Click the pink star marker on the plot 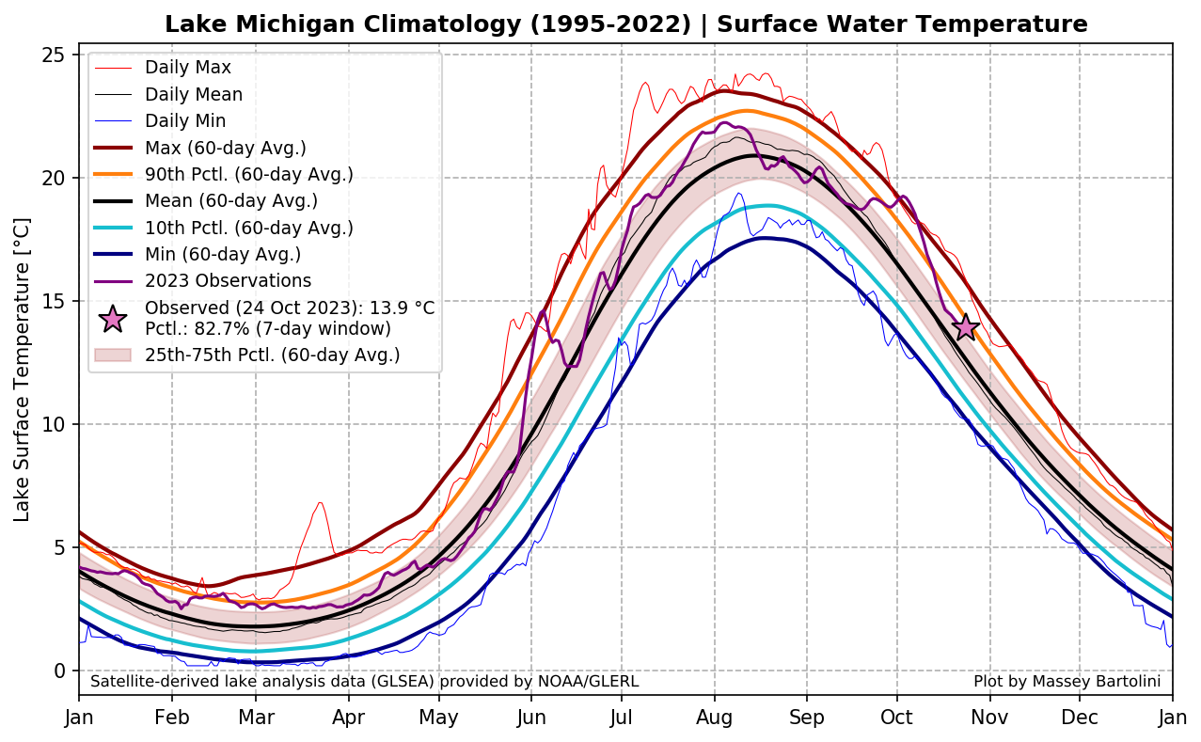click(966, 327)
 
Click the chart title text click(625, 24)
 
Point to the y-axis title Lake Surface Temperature click(23, 369)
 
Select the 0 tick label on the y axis click(58, 671)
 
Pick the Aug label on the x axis click(715, 718)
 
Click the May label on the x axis click(439, 718)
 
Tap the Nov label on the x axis click(989, 718)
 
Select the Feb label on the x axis click(172, 718)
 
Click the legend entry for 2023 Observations click(228, 281)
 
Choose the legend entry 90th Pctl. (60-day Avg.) click(248, 174)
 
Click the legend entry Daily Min click(185, 120)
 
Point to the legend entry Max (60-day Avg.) click(225, 148)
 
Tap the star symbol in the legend click(113, 319)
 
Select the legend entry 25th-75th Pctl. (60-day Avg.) click(272, 355)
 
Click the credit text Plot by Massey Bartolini click(1067, 681)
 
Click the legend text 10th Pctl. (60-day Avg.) click(248, 228)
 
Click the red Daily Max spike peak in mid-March click(321, 502)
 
